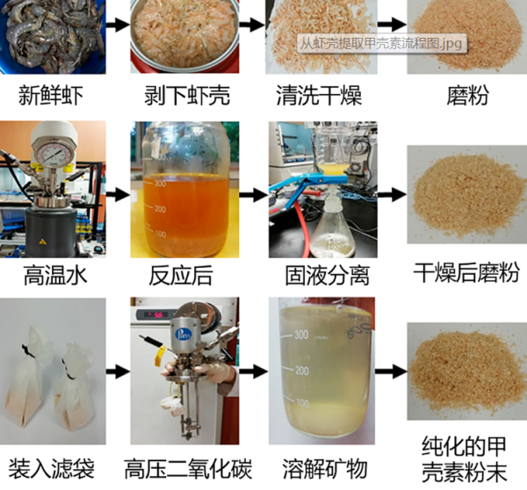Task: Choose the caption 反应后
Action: point(183,275)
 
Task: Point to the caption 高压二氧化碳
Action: point(184,466)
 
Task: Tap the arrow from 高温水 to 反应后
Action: point(116,195)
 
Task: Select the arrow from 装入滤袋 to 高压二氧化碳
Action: point(116,371)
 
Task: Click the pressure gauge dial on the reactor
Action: point(53,150)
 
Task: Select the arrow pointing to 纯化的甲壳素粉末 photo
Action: point(394,371)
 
